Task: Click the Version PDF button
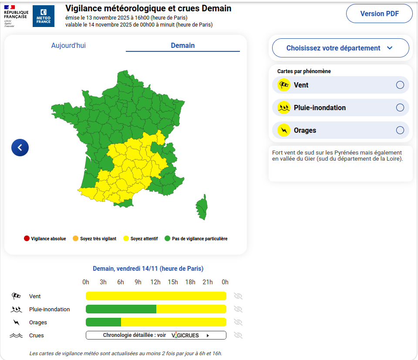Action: [379, 13]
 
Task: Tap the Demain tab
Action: [183, 45]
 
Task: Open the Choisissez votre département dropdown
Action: [340, 48]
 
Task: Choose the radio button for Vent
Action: [400, 85]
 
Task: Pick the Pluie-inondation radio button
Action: [400, 108]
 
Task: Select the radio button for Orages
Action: [400, 130]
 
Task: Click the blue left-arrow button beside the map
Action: [20, 148]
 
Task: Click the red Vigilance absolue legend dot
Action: [27, 239]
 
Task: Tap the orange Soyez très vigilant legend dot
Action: [75, 239]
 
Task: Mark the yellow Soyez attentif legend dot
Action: [126, 239]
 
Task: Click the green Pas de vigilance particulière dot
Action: [167, 239]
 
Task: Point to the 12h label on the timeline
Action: [155, 282]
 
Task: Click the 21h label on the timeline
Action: [208, 282]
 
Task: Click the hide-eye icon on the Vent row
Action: [238, 296]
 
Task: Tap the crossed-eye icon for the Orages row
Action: [238, 322]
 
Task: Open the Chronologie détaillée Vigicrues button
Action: [156, 335]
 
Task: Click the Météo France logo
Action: [44, 16]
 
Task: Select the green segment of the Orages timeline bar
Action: [103, 322]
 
